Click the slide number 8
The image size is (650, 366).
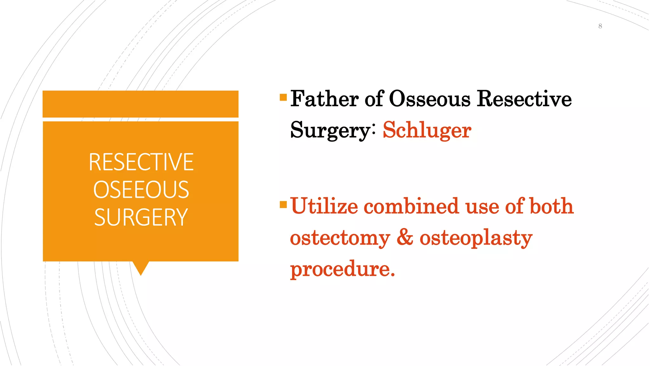coord(600,26)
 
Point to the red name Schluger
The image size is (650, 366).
coord(427,130)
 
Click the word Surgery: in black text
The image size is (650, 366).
coord(333,130)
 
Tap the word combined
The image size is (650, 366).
coord(411,206)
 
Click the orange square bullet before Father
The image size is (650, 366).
coord(283,97)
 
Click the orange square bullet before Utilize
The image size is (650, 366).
coord(283,205)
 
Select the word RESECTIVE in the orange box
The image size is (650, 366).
coord(141,162)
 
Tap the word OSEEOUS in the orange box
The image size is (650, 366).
coord(141,190)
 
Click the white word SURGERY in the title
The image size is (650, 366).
coord(141,217)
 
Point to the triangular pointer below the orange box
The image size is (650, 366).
coord(141,268)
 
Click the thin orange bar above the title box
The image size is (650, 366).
coord(141,104)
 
